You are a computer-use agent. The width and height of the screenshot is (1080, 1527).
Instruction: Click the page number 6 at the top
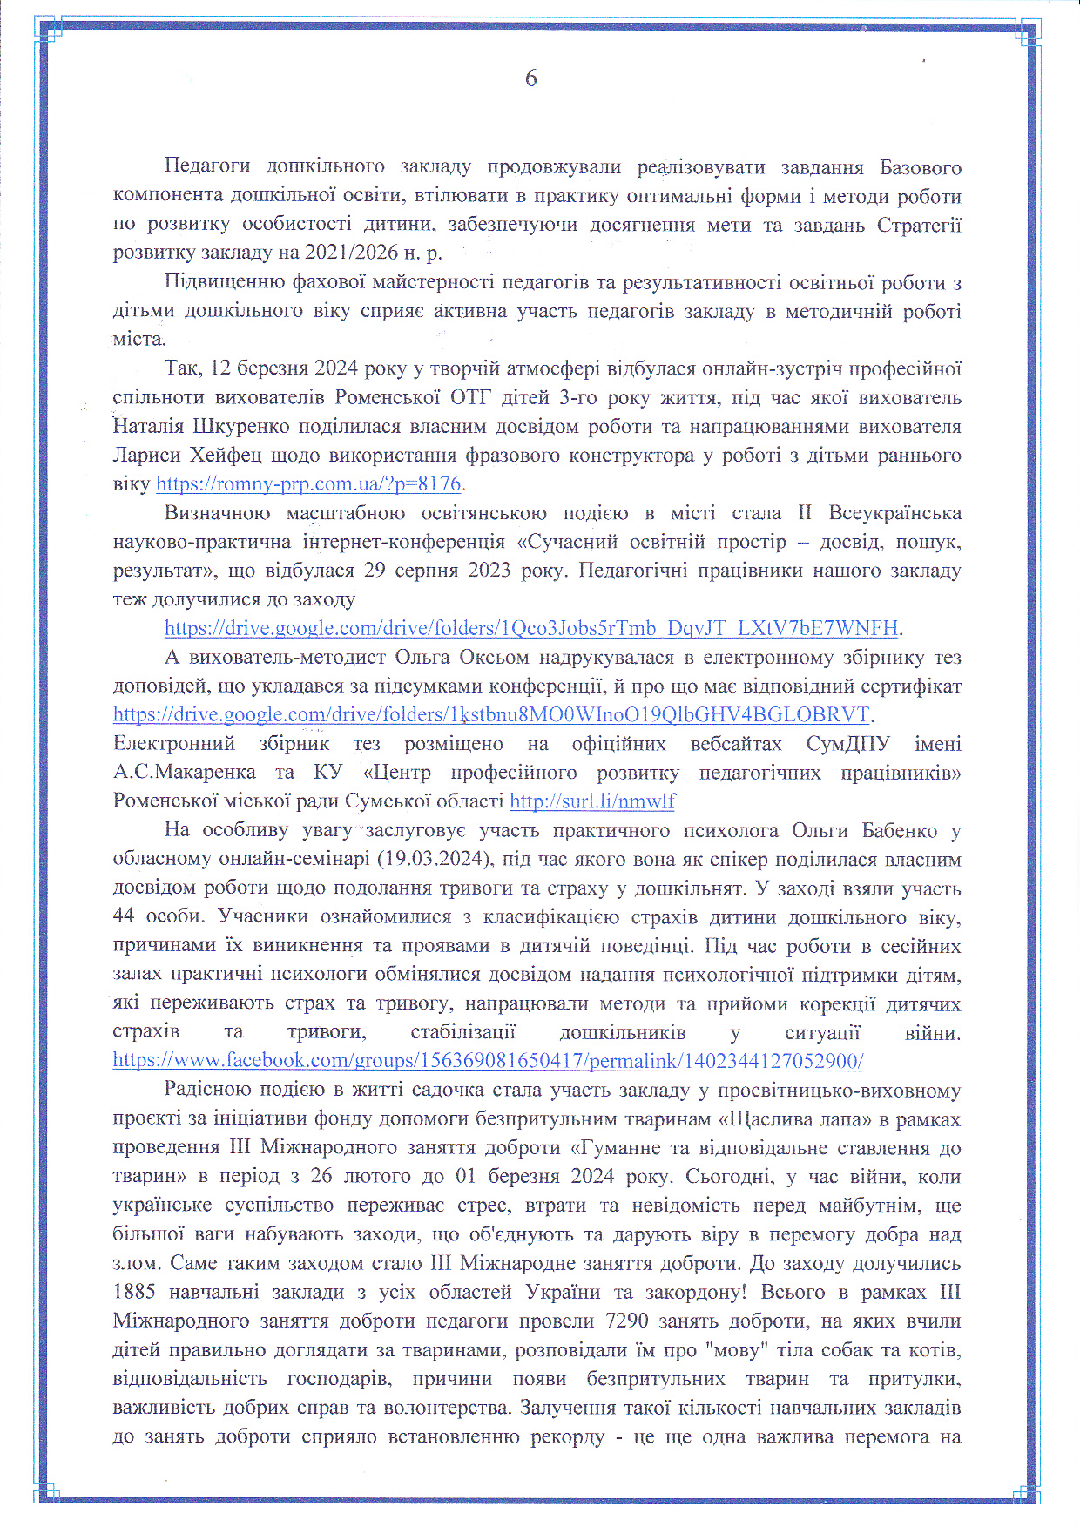[531, 79]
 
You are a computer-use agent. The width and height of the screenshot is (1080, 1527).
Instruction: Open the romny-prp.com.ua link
[308, 484]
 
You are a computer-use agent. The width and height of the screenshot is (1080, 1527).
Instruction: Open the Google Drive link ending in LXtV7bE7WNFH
[531, 628]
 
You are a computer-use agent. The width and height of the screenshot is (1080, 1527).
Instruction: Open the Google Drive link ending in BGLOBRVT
[492, 715]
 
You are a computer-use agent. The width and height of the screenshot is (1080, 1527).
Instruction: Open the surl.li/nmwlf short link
[592, 801]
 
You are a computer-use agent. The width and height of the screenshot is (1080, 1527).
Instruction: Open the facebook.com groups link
[488, 1061]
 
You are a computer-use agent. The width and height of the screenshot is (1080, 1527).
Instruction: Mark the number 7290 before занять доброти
[627, 1321]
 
